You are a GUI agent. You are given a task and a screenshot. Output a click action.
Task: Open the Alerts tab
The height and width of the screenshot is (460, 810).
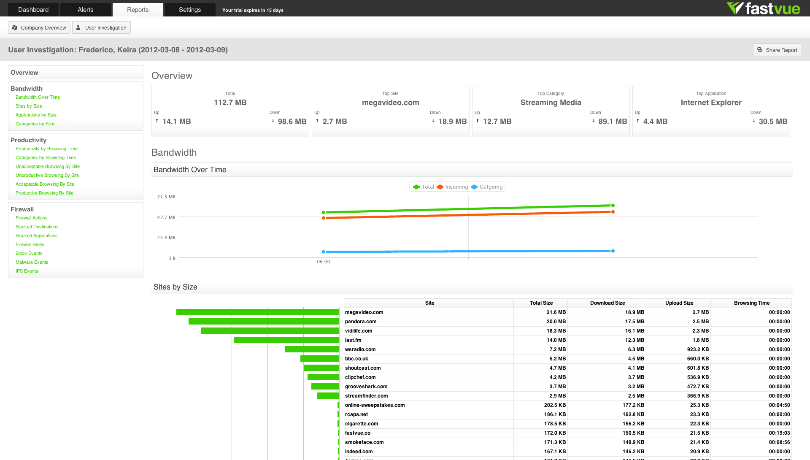point(85,10)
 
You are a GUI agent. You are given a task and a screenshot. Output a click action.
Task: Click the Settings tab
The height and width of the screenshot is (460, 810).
point(190,10)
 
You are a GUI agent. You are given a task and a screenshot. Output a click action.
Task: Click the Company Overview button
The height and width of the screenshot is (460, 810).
point(39,28)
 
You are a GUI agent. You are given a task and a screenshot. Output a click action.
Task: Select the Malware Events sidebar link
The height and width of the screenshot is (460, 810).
point(32,262)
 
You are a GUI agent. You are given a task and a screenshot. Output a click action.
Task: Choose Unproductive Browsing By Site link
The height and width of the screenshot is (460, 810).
point(47,175)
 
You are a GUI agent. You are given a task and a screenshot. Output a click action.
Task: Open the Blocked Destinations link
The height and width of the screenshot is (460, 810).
point(37,227)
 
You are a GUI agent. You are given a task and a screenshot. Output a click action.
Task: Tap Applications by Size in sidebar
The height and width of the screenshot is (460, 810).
point(36,115)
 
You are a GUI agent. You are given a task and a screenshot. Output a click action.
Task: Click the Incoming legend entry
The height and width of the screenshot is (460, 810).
point(452,187)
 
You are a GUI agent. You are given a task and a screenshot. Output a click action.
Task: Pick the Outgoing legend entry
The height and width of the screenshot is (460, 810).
point(487,187)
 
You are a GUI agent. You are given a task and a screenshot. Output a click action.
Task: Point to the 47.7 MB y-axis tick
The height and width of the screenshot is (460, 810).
point(166,217)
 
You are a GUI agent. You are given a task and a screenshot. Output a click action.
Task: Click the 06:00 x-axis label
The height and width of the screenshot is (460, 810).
point(324,262)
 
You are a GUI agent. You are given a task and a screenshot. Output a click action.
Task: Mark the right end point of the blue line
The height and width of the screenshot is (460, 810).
point(613,251)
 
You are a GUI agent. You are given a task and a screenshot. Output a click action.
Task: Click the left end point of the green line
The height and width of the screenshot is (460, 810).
point(324,212)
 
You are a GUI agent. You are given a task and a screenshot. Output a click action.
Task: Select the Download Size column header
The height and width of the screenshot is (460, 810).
point(607,303)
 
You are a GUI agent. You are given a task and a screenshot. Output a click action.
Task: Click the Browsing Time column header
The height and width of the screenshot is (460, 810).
point(752,303)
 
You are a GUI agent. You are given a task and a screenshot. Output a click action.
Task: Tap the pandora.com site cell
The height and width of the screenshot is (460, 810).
point(361,322)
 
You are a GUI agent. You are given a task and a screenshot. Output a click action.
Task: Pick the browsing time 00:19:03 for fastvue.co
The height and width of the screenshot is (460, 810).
point(779,433)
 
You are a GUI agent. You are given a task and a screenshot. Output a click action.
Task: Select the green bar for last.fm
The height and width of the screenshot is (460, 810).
point(286,340)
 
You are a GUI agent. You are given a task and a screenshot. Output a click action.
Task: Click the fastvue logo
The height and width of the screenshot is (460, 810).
point(763,8)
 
